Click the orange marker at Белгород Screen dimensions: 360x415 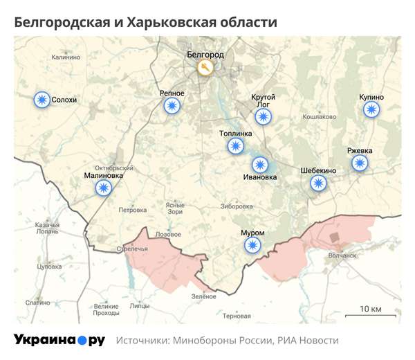[x=205, y=67]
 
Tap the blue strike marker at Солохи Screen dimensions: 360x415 [x=42, y=100]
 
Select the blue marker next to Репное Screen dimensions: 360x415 [x=172, y=105]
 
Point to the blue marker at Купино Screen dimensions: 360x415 [x=371, y=109]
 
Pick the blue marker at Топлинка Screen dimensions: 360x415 [x=236, y=146]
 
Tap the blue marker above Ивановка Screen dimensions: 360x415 [x=260, y=164]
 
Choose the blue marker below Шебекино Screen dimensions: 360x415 [x=318, y=183]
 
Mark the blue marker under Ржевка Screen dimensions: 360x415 [x=360, y=163]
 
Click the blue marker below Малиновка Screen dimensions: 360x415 [x=104, y=188]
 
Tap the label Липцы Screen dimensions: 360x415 [x=139, y=305]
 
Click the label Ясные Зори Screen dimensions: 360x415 [x=175, y=208]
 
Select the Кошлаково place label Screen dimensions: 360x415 [x=320, y=116]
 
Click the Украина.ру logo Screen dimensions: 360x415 [x=59, y=341]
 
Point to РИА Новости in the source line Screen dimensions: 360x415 [x=308, y=341]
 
